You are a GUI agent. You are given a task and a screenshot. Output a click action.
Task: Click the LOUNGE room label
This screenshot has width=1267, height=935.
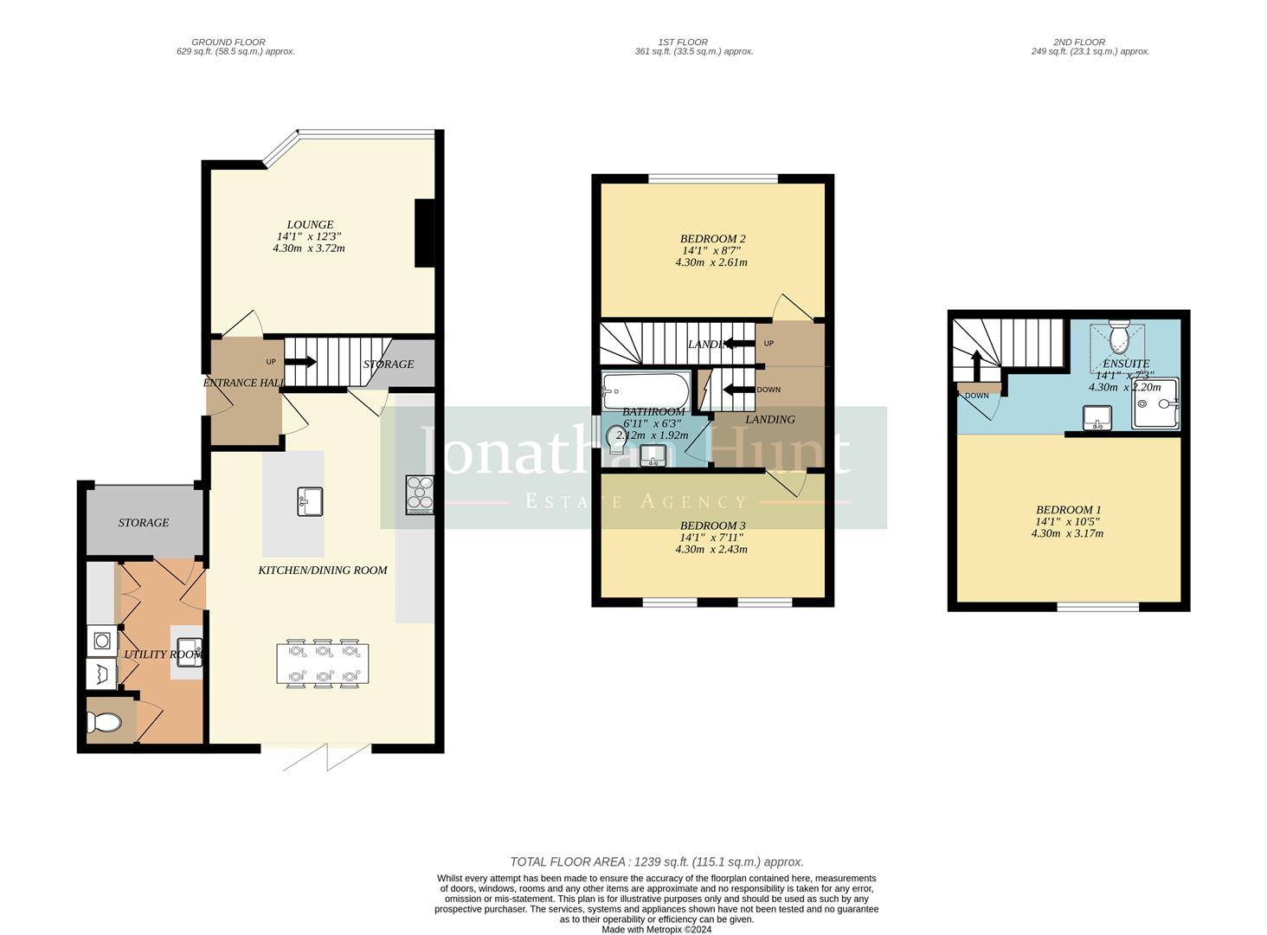click(x=310, y=225)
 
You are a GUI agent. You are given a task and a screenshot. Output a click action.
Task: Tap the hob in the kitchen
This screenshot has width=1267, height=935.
click(x=420, y=494)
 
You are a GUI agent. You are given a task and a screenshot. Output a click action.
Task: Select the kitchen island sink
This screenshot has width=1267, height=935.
click(x=310, y=501)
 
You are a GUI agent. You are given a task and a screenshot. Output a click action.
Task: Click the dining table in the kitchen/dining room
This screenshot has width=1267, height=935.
click(x=323, y=664)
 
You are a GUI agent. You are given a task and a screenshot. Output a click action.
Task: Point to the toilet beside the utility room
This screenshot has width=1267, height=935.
click(x=104, y=722)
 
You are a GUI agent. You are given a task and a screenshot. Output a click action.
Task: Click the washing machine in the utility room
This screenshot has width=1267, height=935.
click(x=102, y=642)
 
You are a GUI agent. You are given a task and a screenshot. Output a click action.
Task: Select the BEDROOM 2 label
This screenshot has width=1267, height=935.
click(x=712, y=239)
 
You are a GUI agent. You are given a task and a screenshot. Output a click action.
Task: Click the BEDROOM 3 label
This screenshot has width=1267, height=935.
click(x=712, y=526)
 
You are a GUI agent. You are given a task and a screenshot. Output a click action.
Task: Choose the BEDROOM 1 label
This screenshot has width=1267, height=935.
click(x=1068, y=510)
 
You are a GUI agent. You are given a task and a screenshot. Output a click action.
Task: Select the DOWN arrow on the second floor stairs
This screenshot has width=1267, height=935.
click(x=976, y=364)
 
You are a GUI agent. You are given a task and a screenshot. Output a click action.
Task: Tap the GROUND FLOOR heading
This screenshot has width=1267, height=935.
click(x=228, y=42)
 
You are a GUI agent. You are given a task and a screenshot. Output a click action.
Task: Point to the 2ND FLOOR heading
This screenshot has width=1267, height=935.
click(x=1078, y=42)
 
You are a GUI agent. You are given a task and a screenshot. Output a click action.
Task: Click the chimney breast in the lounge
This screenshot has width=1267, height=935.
click(x=425, y=234)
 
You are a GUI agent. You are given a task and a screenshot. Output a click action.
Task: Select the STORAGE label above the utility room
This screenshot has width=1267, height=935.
click(x=144, y=522)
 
